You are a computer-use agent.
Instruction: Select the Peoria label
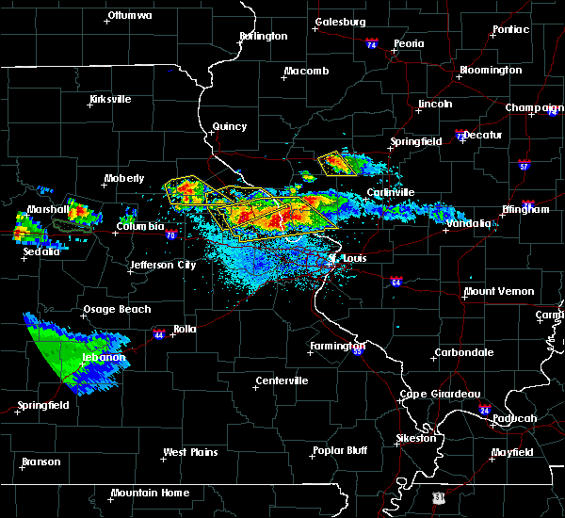409,43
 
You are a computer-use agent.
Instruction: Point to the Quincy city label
230,126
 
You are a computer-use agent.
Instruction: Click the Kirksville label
110,99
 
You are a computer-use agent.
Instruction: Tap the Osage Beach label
109,310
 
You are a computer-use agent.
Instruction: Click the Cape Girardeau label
441,394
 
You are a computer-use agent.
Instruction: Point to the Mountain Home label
150,493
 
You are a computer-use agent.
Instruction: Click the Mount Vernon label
498,291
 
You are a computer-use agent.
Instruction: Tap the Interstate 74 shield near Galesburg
371,44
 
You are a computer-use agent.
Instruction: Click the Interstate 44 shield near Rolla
157,332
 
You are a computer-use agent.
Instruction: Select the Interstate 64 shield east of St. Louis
397,281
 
